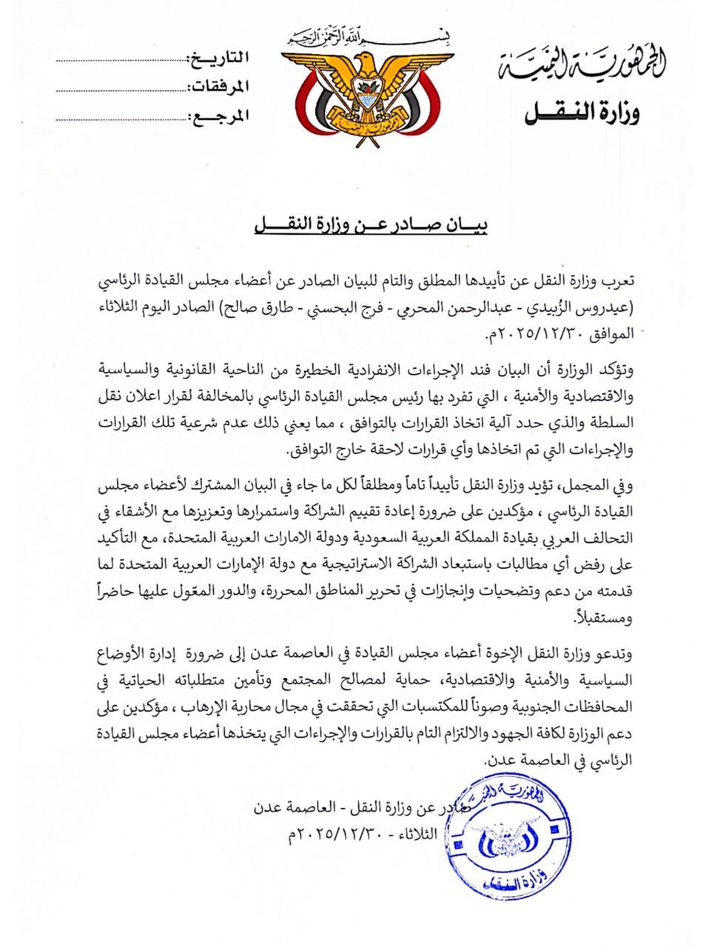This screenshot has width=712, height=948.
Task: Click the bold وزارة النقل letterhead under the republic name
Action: (582, 113)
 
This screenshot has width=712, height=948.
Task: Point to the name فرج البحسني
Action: (380, 307)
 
